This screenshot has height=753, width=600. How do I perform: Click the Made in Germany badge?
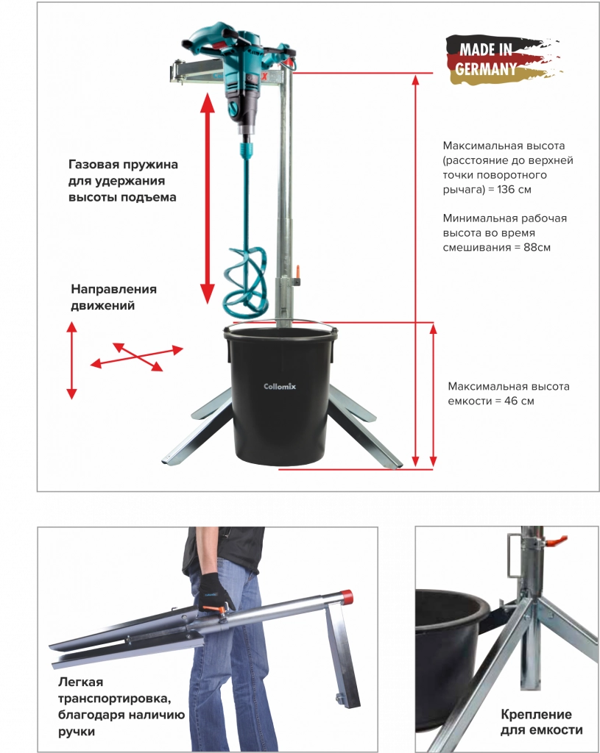click(x=504, y=60)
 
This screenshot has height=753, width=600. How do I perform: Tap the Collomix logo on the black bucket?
click(x=280, y=386)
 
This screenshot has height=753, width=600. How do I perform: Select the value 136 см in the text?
click(x=514, y=189)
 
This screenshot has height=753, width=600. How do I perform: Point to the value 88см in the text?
click(x=537, y=247)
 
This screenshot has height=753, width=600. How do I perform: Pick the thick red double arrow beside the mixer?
click(x=207, y=199)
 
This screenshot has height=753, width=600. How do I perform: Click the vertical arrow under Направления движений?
click(x=71, y=360)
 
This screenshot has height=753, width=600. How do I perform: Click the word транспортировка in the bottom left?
click(x=114, y=699)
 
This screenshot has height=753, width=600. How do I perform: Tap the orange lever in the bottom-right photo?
click(x=557, y=541)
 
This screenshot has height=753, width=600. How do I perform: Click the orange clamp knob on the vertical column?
click(x=299, y=273)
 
